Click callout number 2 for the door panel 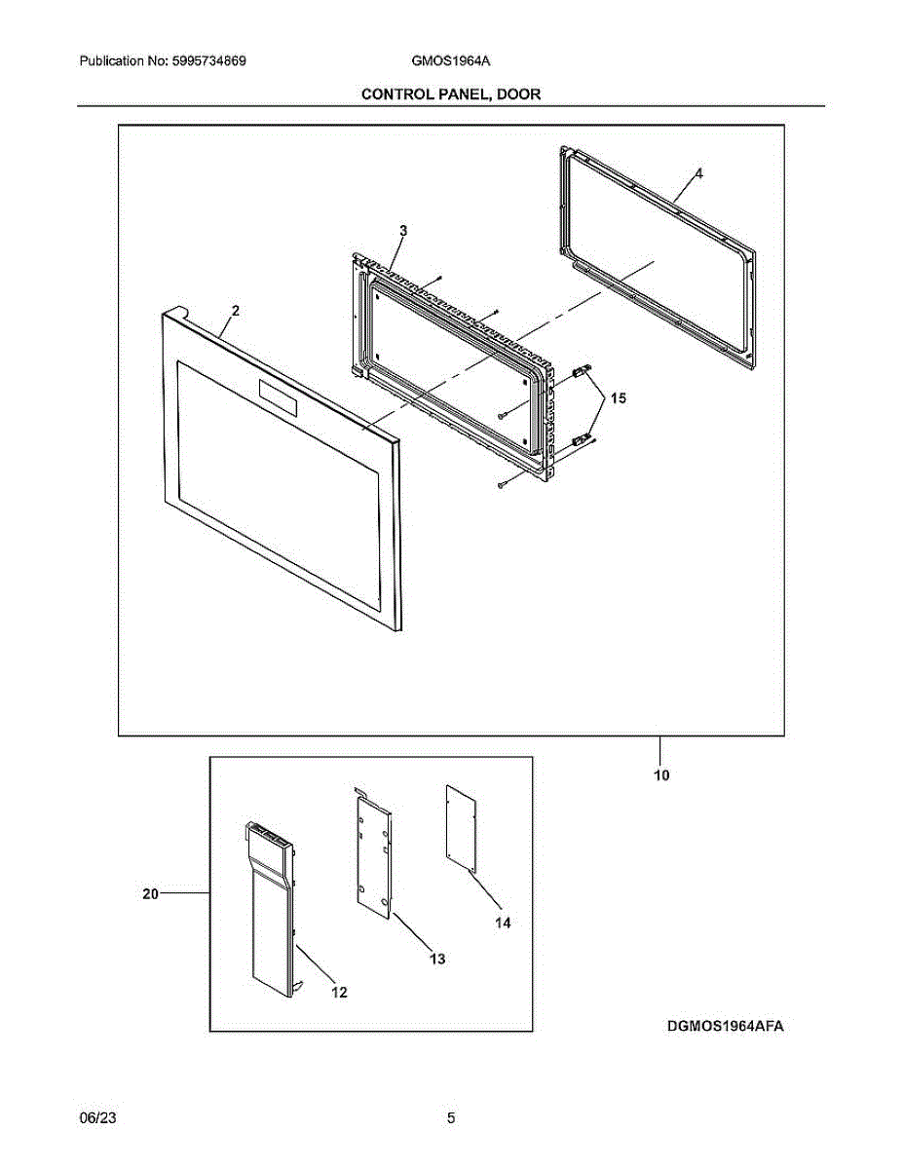[x=235, y=310]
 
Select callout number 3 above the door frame [x=403, y=230]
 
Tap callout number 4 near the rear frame [x=698, y=172]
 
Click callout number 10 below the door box [x=661, y=776]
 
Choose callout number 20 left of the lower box [x=150, y=893]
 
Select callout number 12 [x=339, y=993]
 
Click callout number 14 [x=502, y=922]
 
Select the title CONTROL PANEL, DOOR [x=451, y=94]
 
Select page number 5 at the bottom [x=451, y=1118]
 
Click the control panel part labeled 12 [x=270, y=906]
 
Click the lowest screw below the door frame [x=501, y=484]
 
